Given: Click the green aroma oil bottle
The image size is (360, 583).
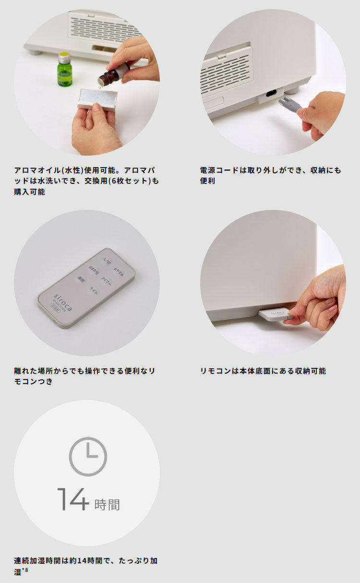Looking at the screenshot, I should tap(65, 70).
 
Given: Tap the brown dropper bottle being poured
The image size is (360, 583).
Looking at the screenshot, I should tap(111, 76).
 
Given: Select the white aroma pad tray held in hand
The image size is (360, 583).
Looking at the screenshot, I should tap(97, 99).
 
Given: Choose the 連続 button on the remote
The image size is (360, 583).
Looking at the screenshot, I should tap(81, 278).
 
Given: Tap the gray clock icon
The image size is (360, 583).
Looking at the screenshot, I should tap(88, 456).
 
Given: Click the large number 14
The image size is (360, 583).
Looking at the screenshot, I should tap(73, 499).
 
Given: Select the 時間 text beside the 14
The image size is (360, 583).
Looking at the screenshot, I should tap(107, 504).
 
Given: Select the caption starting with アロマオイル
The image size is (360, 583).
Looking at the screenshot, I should tap(86, 181).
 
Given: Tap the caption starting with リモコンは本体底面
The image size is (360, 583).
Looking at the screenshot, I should tap(263, 371).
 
